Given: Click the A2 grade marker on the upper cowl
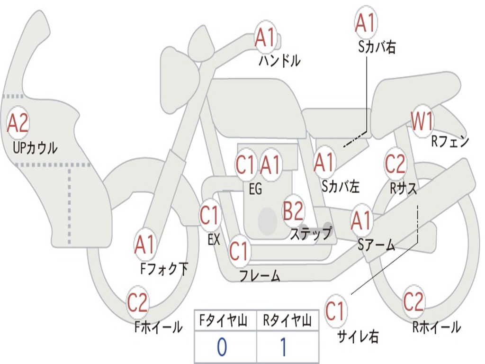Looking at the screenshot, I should click(18, 123).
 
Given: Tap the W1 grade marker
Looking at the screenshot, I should click(422, 121).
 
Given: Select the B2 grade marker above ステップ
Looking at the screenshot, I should click(293, 211).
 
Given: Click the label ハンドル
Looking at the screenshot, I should click(279, 61).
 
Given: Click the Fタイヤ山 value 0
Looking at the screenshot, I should click(222, 347).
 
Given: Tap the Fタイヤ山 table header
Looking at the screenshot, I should click(225, 322).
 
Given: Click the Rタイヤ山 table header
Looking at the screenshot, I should click(287, 322).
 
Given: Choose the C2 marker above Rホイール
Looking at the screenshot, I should click(413, 301).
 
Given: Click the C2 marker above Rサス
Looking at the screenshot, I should click(395, 164).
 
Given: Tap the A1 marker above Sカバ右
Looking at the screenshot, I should click(365, 23).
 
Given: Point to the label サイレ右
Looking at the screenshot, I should click(358, 336).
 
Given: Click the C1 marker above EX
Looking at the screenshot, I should click(209, 216).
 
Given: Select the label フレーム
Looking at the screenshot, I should click(260, 275).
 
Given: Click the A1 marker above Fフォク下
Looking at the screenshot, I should click(144, 245).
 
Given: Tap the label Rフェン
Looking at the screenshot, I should click(449, 141).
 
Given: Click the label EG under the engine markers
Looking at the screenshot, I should click(255, 189).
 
